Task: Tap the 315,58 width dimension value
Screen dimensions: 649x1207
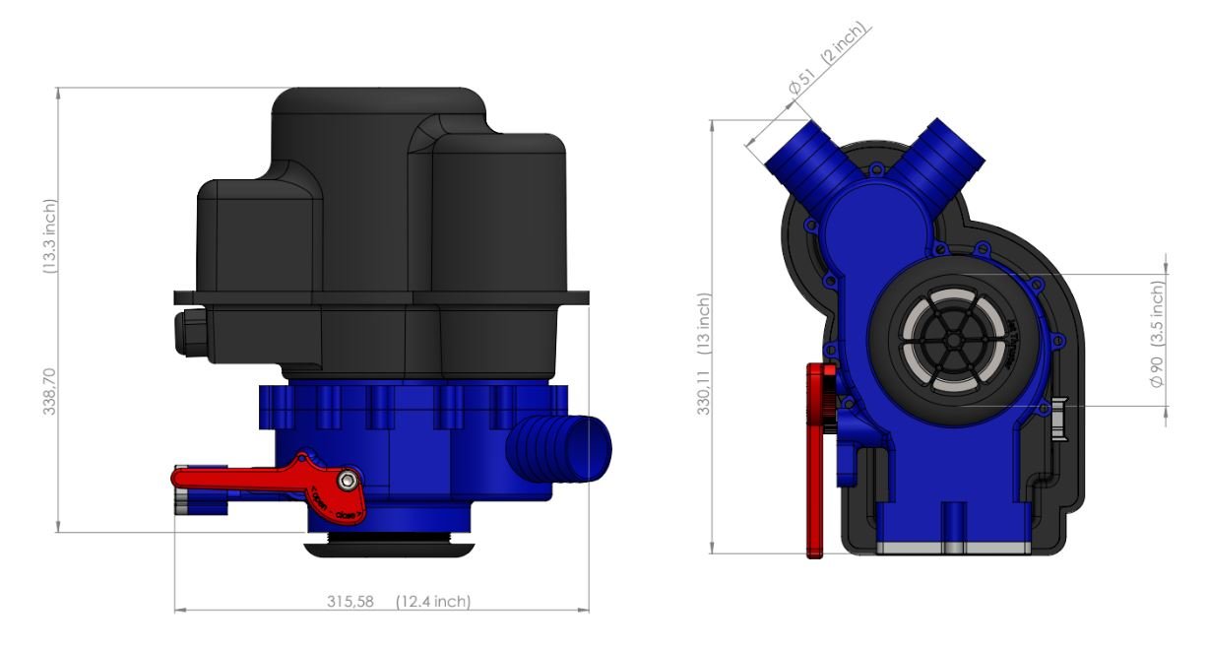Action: click(x=350, y=602)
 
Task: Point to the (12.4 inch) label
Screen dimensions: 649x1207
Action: click(x=432, y=602)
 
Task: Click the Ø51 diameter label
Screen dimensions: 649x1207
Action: click(x=799, y=85)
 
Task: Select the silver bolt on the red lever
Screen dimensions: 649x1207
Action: click(x=348, y=480)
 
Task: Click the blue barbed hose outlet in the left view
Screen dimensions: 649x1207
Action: click(x=555, y=449)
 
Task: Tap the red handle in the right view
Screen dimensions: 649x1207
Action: click(x=816, y=463)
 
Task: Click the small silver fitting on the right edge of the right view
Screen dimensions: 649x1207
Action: click(x=1058, y=420)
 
